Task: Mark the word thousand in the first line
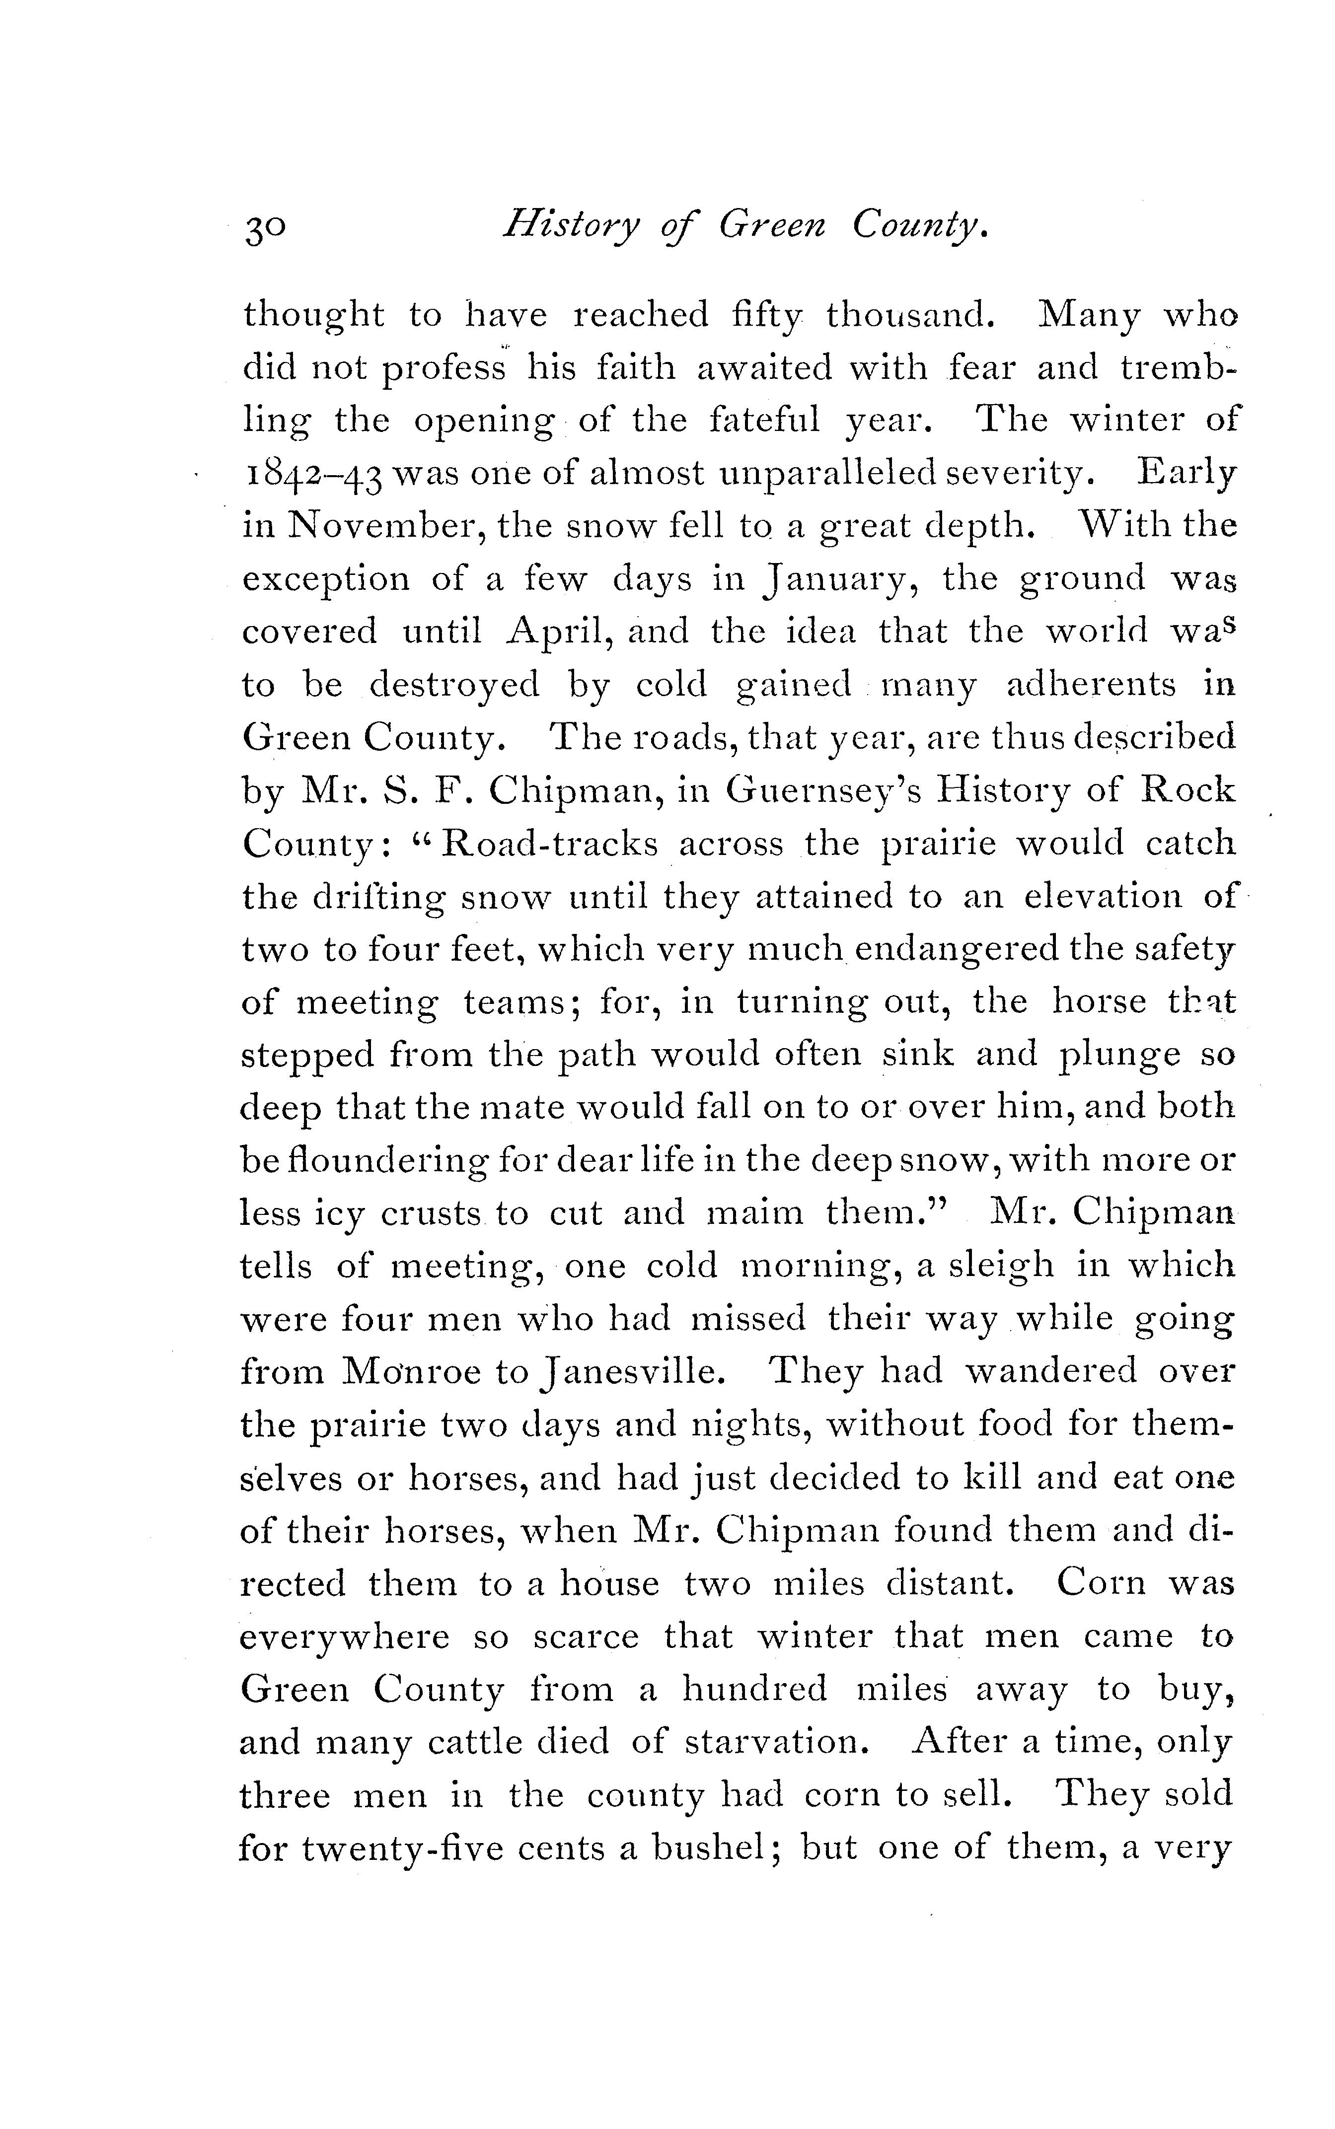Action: coord(905,315)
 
